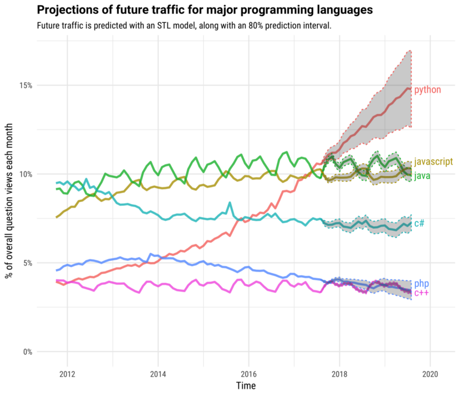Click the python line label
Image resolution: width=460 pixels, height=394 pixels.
(x=427, y=90)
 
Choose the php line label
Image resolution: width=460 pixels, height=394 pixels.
(x=421, y=284)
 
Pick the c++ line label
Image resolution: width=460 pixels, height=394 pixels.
(x=421, y=293)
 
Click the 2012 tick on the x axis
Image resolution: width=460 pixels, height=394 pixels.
(x=67, y=373)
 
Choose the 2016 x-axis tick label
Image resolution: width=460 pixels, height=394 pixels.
(x=248, y=373)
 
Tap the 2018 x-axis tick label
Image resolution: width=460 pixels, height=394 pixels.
(x=339, y=373)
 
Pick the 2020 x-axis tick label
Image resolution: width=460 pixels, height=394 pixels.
(x=430, y=373)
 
